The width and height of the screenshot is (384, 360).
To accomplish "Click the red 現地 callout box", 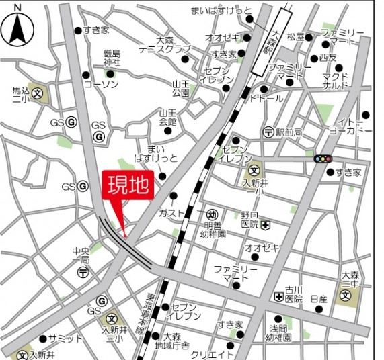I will [128, 185].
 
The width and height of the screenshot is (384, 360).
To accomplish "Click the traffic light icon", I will [323, 159].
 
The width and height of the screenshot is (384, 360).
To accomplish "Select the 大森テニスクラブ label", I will [164, 45].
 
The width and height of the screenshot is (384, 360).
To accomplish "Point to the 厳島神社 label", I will [111, 58].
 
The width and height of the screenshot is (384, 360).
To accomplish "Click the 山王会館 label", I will [167, 118].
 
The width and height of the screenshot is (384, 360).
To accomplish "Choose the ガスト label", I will [171, 213].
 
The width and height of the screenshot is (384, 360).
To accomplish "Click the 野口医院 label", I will [250, 220].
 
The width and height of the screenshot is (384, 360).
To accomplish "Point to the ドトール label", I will [266, 99].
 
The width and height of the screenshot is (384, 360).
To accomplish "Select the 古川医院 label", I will [294, 293].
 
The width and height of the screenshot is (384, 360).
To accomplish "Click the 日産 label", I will [319, 298].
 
